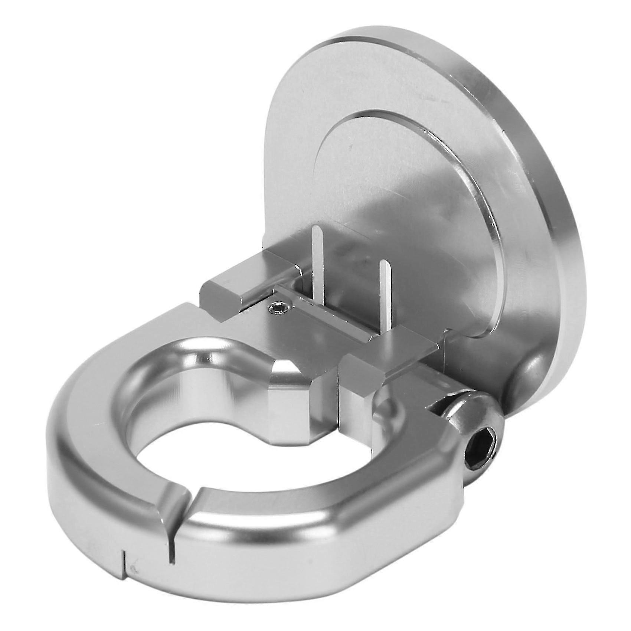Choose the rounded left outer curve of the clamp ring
74,464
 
